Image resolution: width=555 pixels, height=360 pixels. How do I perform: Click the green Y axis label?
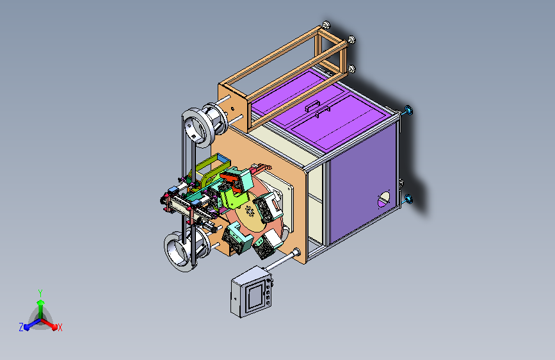(x=40, y=293)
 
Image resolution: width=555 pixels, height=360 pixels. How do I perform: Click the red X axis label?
(x=60, y=328)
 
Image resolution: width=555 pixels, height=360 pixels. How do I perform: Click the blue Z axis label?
(x=21, y=327)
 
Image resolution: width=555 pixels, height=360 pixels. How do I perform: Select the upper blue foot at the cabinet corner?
(x=408, y=110)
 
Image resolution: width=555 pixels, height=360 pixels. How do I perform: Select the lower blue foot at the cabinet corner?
(x=408, y=199)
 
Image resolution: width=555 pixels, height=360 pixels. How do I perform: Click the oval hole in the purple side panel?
(x=383, y=199)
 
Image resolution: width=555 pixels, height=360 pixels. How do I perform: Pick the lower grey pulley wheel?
(x=181, y=251)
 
